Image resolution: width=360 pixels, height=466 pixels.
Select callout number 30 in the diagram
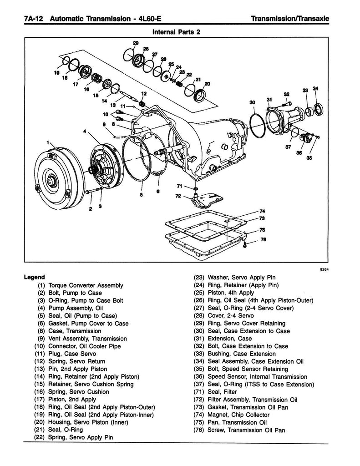tap(253, 102)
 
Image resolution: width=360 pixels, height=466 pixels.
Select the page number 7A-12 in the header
tap(30, 19)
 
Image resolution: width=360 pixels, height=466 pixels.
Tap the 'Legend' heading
tap(34, 277)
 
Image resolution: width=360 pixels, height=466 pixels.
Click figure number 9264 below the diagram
tap(322, 268)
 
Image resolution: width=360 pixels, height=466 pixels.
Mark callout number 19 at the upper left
tap(57, 72)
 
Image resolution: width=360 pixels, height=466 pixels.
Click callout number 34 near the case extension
tap(316, 88)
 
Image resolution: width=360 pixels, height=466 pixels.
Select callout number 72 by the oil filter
tap(178, 196)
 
